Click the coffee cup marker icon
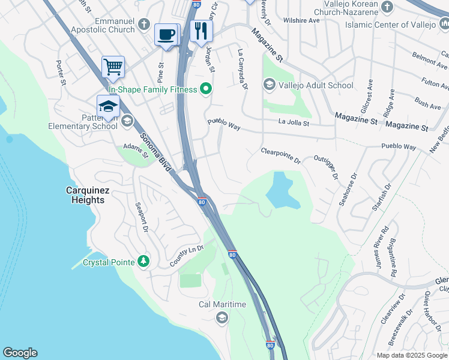tap(166, 34)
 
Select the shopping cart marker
tap(113, 67)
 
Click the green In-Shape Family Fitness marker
tap(206, 89)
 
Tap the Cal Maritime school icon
tap(222, 317)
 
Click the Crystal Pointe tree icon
tap(143, 262)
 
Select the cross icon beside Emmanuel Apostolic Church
tap(143, 25)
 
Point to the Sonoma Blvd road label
tap(155, 152)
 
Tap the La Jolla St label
tap(294, 123)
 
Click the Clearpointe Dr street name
tap(281, 155)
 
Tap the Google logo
tap(20, 353)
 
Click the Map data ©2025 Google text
tap(411, 355)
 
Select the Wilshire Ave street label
tap(302, 20)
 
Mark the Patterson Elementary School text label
tap(83, 121)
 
